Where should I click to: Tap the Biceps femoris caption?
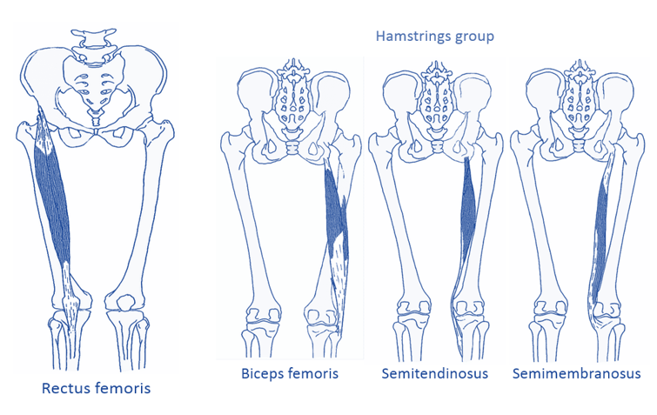pyautogui.click(x=289, y=374)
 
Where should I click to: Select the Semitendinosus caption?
pyautogui.click(x=434, y=374)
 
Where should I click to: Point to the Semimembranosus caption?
pyautogui.click(x=576, y=374)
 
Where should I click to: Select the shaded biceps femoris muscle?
pyautogui.click(x=332, y=209)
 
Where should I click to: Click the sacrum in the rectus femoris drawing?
pyautogui.click(x=95, y=87)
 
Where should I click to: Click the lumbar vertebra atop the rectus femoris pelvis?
pyautogui.click(x=93, y=38)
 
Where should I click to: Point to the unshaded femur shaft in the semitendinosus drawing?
pyautogui.click(x=394, y=226)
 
